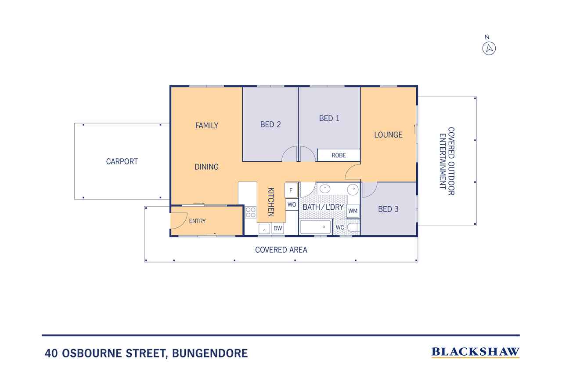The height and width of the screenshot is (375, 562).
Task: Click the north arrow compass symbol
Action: pos(489,48)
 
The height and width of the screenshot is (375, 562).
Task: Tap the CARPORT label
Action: pos(122,161)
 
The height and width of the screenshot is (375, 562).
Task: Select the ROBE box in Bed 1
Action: pos(339,155)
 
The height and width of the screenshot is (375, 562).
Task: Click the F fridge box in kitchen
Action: pos(291,190)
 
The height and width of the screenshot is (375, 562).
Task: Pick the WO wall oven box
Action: pos(292,204)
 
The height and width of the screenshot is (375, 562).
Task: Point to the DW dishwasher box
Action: pos(278,228)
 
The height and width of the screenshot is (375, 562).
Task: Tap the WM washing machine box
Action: pos(353,211)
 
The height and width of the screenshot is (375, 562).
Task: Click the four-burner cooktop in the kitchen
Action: pos(251,212)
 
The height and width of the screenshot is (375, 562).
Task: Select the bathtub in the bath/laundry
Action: pos(315,227)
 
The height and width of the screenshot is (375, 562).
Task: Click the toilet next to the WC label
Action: pos(353,227)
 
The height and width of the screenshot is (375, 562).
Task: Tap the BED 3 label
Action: pos(388,209)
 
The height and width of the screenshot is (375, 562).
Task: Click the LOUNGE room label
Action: pos(389,135)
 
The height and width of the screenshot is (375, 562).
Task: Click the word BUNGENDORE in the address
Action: pos(210,353)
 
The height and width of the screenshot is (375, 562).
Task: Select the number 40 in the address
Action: pos(51,353)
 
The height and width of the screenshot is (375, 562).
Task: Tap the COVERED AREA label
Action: pos(281,250)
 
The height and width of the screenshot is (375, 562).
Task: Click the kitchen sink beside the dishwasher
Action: pos(264,229)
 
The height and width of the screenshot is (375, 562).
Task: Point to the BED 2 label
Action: pos(270,124)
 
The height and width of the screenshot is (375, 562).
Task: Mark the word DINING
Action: pos(206,167)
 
